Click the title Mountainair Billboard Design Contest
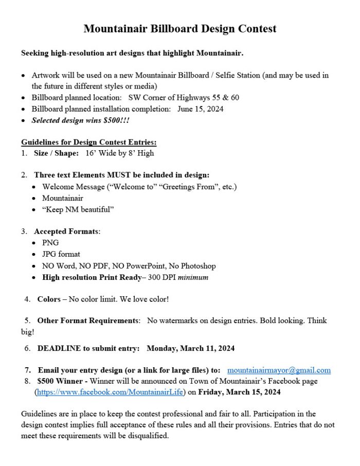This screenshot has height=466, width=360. pyautogui.click(x=180, y=29)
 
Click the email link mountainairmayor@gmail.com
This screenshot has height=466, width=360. pyautogui.click(x=279, y=370)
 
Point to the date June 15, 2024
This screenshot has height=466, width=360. pyautogui.click(x=201, y=109)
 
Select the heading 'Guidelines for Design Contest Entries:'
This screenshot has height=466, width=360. pyautogui.click(x=89, y=142)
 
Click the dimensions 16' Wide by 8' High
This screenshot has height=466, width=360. pyautogui.click(x=120, y=153)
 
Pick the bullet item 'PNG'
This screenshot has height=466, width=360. pyautogui.click(x=50, y=242)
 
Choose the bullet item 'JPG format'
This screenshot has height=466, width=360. pyautogui.click(x=61, y=254)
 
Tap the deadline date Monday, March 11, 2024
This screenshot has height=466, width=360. pyautogui.click(x=191, y=348)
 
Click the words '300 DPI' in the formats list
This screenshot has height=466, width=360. pyautogui.click(x=163, y=277)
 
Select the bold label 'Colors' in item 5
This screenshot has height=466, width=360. pyautogui.click(x=49, y=299)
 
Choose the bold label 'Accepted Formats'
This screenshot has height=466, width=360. pyautogui.click(x=66, y=231)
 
